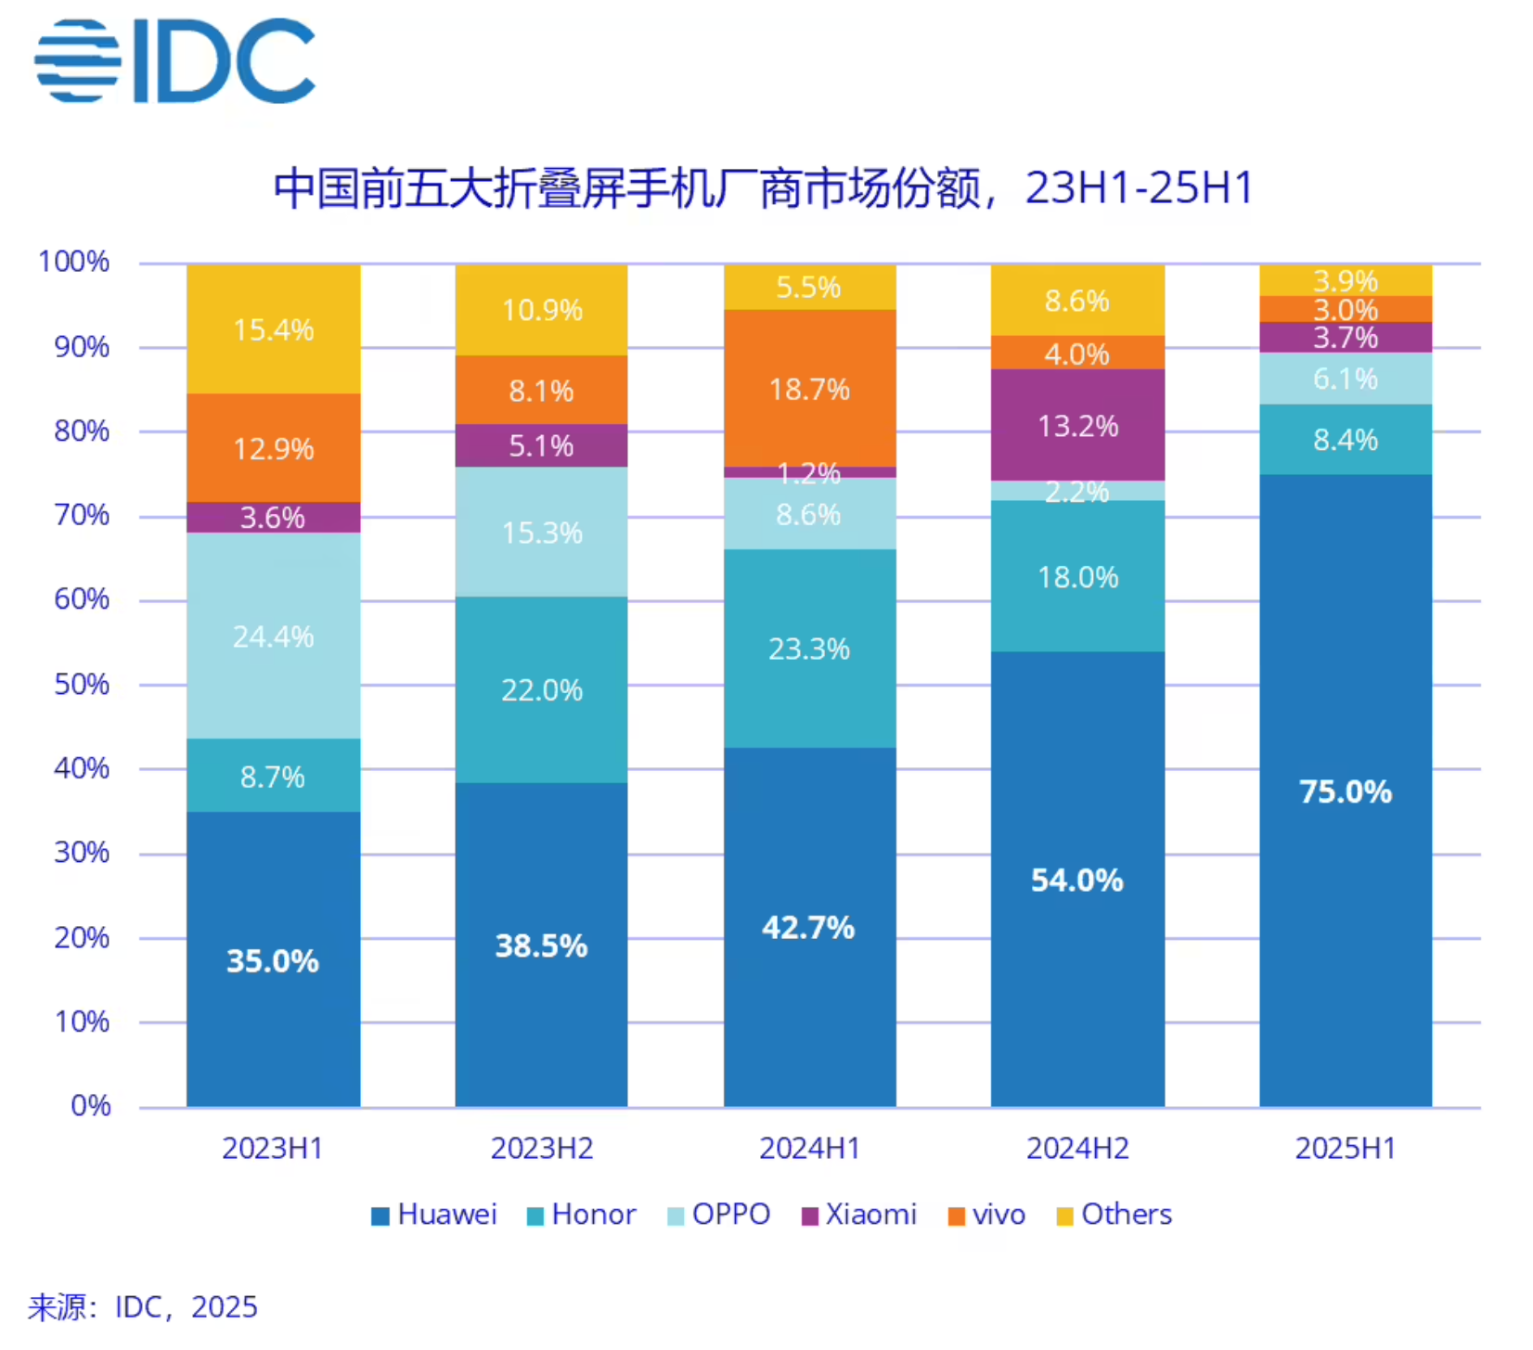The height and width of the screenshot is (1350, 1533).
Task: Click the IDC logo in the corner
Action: pyautogui.click(x=174, y=60)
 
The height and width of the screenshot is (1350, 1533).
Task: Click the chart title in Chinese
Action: pyautogui.click(x=763, y=188)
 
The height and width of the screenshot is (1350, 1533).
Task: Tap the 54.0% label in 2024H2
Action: pyautogui.click(x=1076, y=880)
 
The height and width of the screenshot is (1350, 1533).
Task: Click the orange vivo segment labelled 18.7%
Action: pyautogui.click(x=809, y=389)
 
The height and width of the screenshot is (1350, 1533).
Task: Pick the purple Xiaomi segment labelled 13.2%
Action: pyautogui.click(x=1076, y=426)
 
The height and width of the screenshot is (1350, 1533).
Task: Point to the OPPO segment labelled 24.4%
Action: pyautogui.click(x=273, y=636)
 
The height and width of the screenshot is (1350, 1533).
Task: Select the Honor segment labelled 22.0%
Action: pyautogui.click(x=541, y=689)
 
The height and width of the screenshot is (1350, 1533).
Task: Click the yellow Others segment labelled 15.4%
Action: pyautogui.click(x=273, y=329)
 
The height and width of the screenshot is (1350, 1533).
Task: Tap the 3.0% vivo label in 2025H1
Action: pyautogui.click(x=1345, y=310)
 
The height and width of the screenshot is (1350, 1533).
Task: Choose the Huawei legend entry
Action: pyautogui.click(x=434, y=1215)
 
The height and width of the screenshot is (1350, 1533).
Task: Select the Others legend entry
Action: pyautogui.click(x=1114, y=1215)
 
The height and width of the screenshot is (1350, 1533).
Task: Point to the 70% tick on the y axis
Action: pyautogui.click(x=82, y=516)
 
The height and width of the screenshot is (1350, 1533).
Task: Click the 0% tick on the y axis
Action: pyautogui.click(x=90, y=1106)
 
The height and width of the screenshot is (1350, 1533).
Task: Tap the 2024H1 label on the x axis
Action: pyautogui.click(x=809, y=1149)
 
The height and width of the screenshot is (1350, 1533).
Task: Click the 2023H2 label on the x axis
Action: pyautogui.click(x=541, y=1149)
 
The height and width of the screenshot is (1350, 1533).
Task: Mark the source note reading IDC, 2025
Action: pyautogui.click(x=143, y=1307)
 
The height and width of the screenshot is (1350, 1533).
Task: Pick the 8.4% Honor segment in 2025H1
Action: pyautogui.click(x=1345, y=440)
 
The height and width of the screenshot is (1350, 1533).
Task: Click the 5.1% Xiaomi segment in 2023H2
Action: pyautogui.click(x=541, y=446)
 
